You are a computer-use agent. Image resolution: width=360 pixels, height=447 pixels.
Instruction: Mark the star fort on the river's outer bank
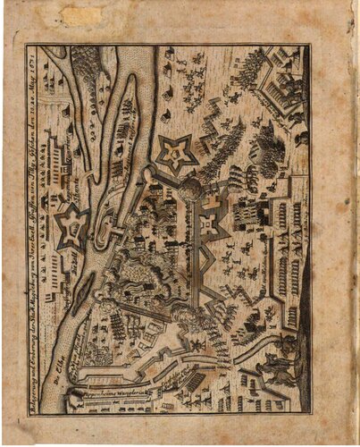coord(71,227)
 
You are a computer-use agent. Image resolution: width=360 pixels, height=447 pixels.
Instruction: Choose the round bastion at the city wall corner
coord(190,188)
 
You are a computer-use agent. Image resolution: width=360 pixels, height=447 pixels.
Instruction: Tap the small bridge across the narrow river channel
coord(116,234)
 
